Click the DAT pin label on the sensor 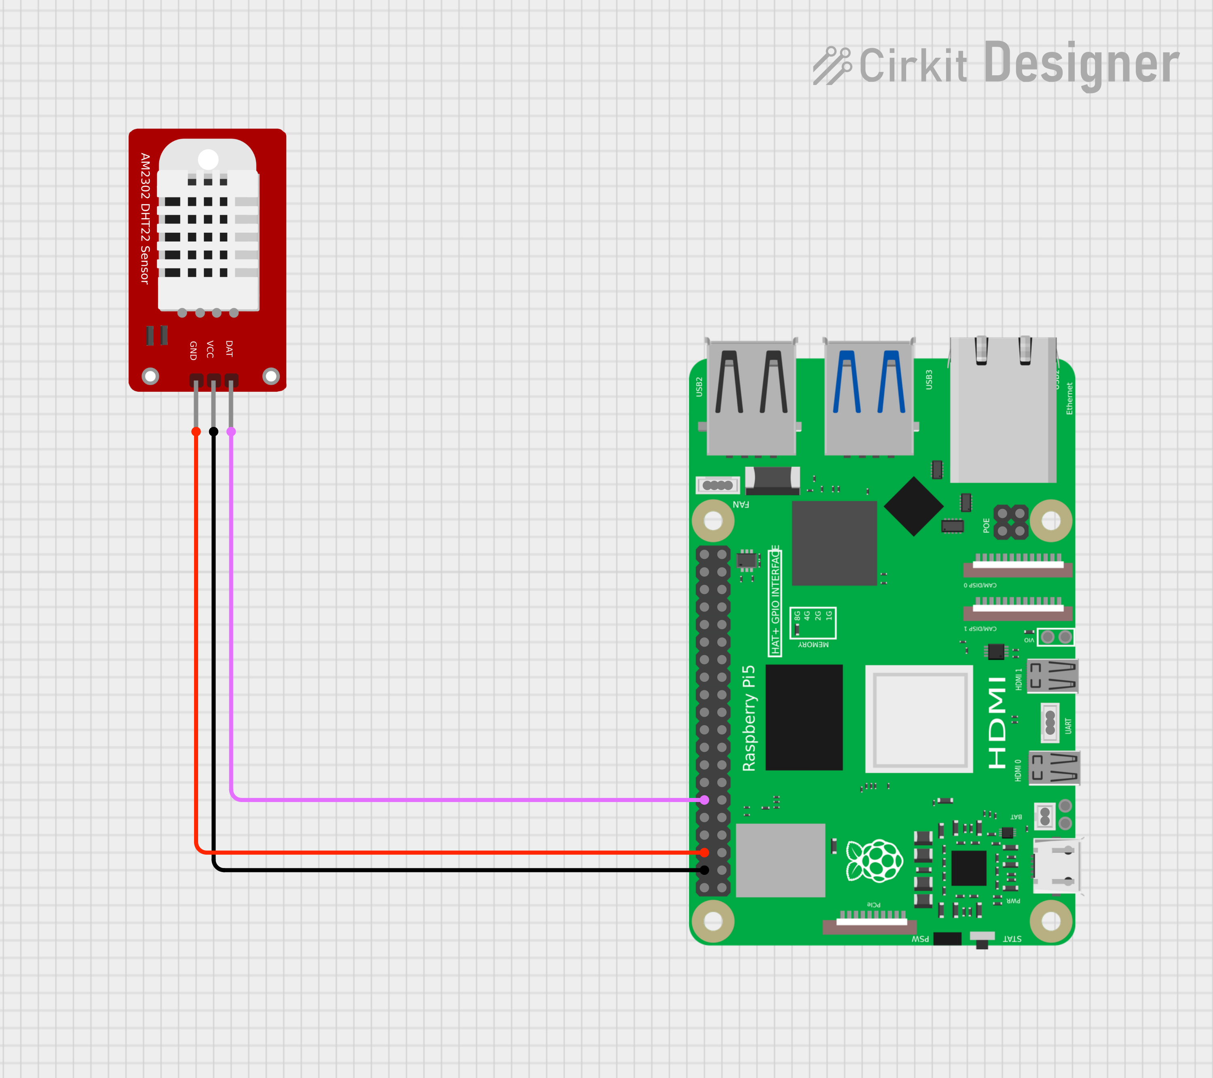[x=229, y=349]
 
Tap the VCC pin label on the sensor [x=210, y=349]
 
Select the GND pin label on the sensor [x=193, y=350]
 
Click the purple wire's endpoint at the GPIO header [x=704, y=800]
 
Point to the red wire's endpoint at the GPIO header [x=704, y=852]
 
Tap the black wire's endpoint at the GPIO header [x=704, y=870]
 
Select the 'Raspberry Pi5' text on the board [x=749, y=718]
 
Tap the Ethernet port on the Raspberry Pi [x=1003, y=410]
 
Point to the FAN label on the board [x=741, y=504]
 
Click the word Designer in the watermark [x=1081, y=64]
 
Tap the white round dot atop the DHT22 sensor [x=208, y=159]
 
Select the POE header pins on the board [x=1011, y=522]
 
